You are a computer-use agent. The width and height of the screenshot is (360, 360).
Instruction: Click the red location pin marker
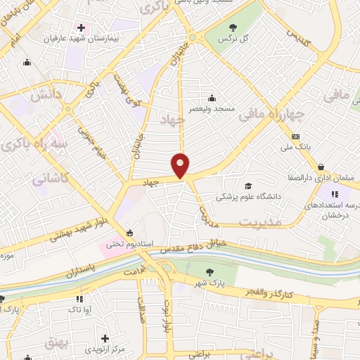point(181,165)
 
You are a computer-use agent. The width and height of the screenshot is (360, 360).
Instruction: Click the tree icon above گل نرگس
point(233,27)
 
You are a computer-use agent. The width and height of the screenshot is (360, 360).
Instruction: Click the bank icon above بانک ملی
point(296,136)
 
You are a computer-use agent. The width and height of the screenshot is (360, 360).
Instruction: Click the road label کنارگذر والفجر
point(269,291)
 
